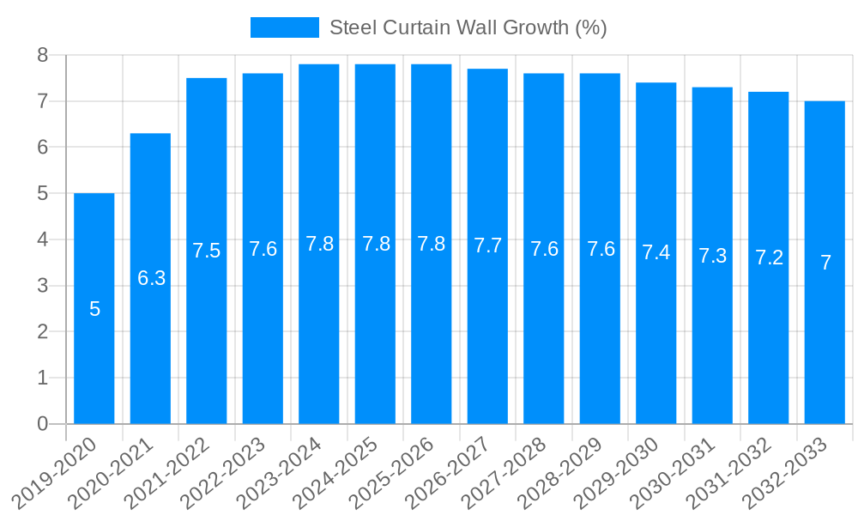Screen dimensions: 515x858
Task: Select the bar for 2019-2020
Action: pos(94,308)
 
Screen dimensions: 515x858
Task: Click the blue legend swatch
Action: pos(284,27)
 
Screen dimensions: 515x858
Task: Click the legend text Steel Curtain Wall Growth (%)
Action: pos(468,27)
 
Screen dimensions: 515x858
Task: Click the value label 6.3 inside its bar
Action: pos(151,278)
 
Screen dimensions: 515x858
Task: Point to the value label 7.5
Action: pos(207,251)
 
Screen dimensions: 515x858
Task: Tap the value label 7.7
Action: pos(487,245)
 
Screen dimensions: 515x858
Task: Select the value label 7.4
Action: pos(656,252)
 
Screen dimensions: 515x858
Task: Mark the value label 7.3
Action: pos(712,255)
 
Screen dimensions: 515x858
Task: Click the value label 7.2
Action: pos(769,257)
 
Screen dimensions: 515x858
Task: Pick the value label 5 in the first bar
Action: pos(94,309)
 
